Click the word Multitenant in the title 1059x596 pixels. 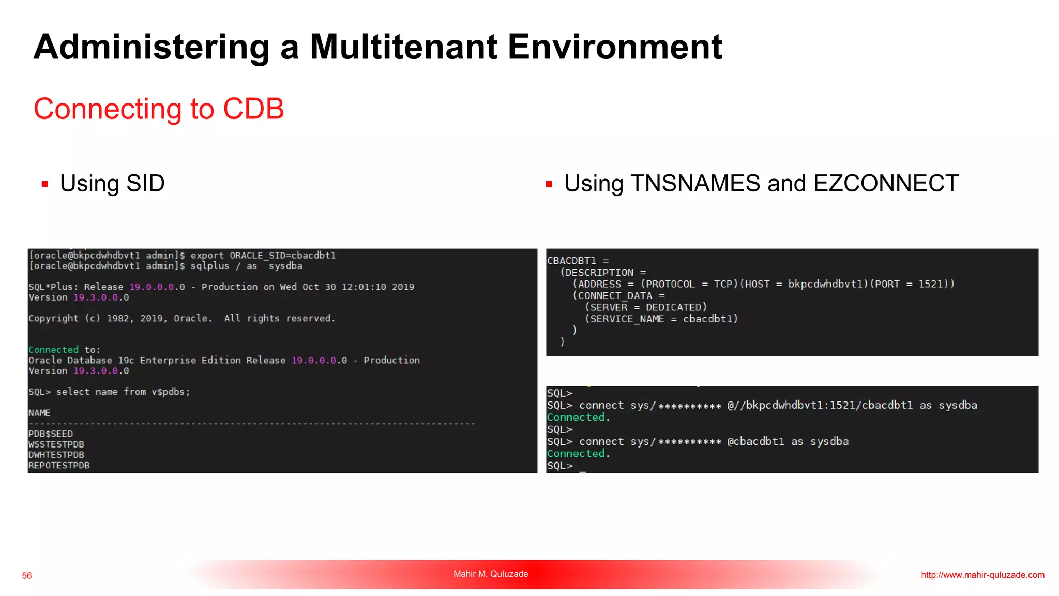pos(403,47)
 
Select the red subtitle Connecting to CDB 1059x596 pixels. pos(159,109)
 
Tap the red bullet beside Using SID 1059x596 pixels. pos(45,184)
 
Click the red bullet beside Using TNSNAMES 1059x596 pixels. pos(549,184)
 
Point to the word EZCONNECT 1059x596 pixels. pos(886,183)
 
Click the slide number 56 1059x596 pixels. pos(27,575)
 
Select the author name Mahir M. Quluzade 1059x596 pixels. pos(491,574)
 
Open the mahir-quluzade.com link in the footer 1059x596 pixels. pos(982,575)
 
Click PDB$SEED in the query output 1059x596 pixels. pos(51,434)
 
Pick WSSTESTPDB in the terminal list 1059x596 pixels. pos(56,444)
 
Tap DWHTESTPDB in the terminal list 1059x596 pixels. pos(56,455)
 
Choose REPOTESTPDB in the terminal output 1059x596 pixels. pos(59,465)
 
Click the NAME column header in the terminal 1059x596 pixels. pos(39,413)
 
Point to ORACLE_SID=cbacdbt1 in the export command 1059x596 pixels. pos(283,255)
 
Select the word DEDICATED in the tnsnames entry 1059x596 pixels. pos(676,307)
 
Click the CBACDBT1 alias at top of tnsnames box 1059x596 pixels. pos(571,261)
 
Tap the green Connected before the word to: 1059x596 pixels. pos(53,350)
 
